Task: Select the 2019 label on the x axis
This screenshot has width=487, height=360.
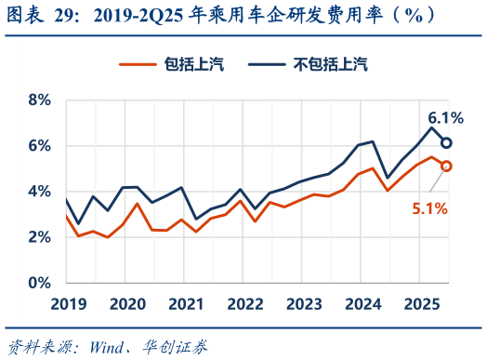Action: coord(68,304)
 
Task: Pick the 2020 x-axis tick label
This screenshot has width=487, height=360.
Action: coord(127,304)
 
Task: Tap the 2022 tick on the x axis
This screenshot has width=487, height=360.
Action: coord(245,304)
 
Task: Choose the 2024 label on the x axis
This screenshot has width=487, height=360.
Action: coord(363,304)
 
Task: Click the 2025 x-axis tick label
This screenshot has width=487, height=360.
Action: coord(422,304)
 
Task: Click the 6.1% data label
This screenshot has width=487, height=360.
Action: coord(445,118)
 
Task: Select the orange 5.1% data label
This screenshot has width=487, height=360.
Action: coord(430,209)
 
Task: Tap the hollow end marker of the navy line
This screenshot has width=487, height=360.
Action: coord(447,143)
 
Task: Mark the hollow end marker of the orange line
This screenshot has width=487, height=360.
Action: coord(447,166)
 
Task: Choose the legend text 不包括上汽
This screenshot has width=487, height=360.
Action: coord(330,63)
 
